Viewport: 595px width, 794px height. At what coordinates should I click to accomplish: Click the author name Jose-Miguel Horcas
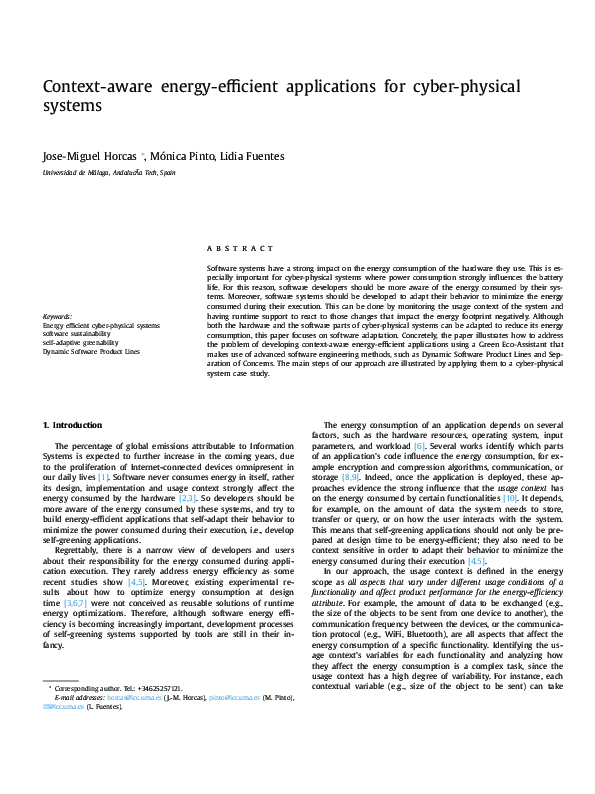pos(89,156)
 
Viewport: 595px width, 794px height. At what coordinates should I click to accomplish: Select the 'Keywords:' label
pos(57,317)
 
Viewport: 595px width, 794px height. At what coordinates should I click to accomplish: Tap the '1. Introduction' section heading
pos(75,453)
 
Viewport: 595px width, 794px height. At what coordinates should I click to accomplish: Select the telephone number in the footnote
pos(155,689)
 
